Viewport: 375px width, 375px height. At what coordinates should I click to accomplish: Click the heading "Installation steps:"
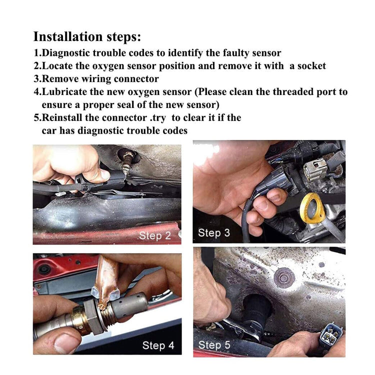click(x=87, y=37)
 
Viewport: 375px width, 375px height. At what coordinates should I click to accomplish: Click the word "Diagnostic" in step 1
click(x=65, y=53)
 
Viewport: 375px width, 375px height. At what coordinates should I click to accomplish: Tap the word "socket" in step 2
click(x=311, y=66)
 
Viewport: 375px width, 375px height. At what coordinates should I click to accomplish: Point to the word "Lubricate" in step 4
click(x=64, y=92)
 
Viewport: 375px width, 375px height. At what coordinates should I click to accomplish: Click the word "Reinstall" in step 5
click(x=61, y=117)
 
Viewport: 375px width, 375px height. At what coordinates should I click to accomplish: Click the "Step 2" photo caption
click(x=155, y=236)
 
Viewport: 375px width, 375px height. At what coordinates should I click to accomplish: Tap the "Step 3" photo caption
click(x=214, y=232)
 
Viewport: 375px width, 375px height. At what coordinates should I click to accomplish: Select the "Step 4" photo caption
click(x=158, y=345)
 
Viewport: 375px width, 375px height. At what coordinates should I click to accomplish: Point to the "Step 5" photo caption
click(x=214, y=345)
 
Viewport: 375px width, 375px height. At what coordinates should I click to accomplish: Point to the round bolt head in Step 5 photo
click(x=283, y=278)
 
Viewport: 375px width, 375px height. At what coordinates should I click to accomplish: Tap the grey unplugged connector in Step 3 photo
click(x=315, y=169)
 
